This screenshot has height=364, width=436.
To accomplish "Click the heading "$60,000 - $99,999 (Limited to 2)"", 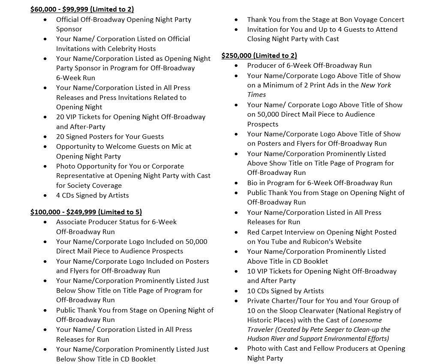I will tap(82, 9).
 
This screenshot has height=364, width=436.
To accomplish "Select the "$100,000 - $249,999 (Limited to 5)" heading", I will tap(86, 212).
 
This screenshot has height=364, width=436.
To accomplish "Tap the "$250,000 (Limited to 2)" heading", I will tap(259, 55).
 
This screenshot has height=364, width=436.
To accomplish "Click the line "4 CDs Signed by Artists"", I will tap(92, 196).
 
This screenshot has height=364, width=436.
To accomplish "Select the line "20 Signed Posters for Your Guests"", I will tap(110, 137).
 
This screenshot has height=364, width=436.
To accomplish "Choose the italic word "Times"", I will tap(256, 95).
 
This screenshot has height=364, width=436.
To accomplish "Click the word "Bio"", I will tap(253, 183).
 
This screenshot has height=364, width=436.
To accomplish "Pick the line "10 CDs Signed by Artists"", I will tap(285, 291).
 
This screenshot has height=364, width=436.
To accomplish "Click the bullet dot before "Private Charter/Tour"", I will tap(237, 301).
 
